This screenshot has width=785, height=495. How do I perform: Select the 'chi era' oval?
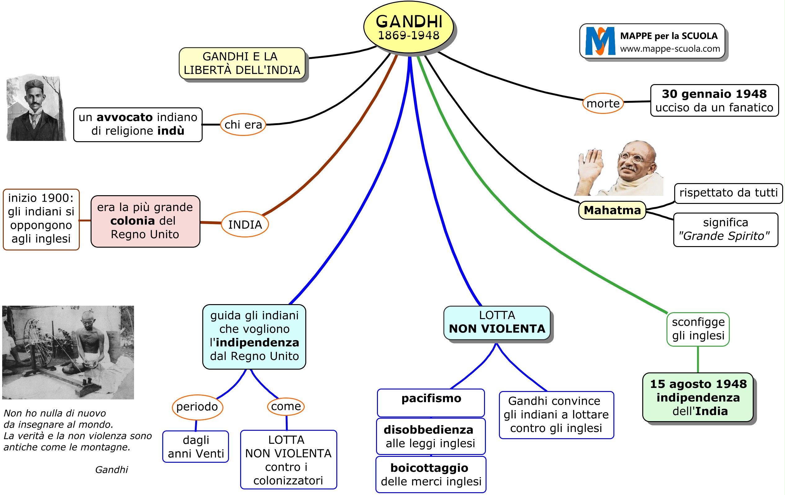[243, 124]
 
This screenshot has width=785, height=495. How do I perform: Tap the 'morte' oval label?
[603, 103]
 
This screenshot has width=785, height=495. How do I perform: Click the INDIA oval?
[245, 224]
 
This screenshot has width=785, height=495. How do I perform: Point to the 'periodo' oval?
[197, 407]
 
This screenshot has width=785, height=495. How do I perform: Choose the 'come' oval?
[286, 406]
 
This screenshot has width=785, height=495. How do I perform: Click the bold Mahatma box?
[612, 210]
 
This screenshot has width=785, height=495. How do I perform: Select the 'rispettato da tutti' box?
[728, 193]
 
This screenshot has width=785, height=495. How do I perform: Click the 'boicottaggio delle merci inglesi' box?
[431, 475]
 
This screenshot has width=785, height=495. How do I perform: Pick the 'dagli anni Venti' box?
[195, 446]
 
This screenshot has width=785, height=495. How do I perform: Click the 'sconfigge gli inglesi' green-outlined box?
[698, 329]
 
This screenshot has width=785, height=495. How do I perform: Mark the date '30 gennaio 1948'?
[714, 94]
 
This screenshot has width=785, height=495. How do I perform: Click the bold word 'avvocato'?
[124, 117]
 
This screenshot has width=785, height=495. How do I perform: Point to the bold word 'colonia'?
[132, 221]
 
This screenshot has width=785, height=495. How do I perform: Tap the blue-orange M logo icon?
[600, 41]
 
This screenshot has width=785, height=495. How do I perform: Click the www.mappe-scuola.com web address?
[670, 49]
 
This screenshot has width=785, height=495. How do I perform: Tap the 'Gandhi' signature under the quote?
[111, 470]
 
